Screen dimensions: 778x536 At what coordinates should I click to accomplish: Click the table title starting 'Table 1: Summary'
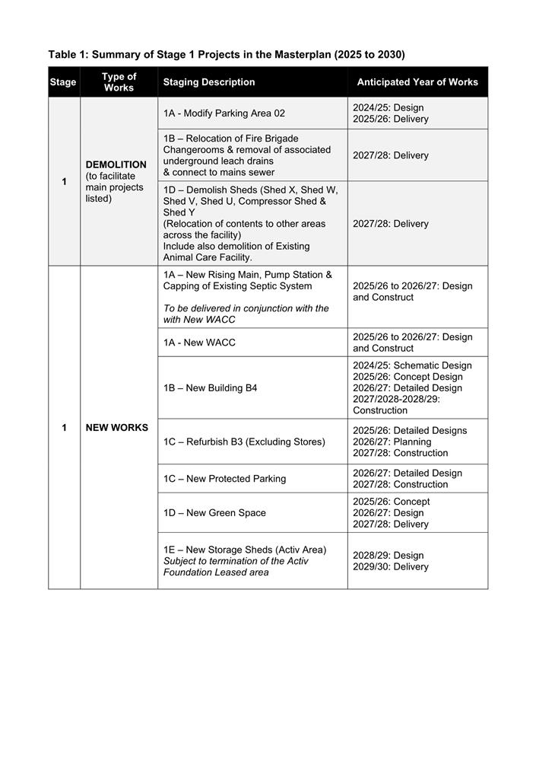click(226, 55)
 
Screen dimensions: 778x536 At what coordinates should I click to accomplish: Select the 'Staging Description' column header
click(209, 82)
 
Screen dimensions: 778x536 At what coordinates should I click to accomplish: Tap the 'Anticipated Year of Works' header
click(417, 82)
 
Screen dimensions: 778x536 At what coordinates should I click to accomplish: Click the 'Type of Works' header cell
click(119, 82)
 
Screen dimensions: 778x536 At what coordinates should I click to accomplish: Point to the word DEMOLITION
click(116, 164)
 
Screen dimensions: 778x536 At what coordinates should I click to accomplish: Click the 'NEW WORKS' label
click(116, 428)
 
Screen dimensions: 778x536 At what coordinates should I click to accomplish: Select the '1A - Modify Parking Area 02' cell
click(224, 113)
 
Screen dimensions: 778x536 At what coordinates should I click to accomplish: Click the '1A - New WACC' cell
click(199, 343)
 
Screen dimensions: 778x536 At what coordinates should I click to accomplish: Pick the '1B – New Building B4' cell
click(210, 388)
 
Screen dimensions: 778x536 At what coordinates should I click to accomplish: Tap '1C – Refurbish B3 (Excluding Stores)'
click(244, 442)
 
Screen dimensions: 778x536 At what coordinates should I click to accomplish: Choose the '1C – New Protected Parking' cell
click(224, 479)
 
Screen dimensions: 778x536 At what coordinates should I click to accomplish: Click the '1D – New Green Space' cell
click(214, 513)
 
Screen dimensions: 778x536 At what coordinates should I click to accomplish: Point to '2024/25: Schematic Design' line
click(412, 366)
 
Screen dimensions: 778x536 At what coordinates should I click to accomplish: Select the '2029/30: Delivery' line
click(390, 567)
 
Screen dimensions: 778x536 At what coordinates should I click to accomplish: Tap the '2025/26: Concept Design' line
click(408, 378)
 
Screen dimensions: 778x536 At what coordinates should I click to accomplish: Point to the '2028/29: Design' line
click(388, 556)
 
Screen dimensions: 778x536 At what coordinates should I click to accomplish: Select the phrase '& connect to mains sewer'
click(220, 173)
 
